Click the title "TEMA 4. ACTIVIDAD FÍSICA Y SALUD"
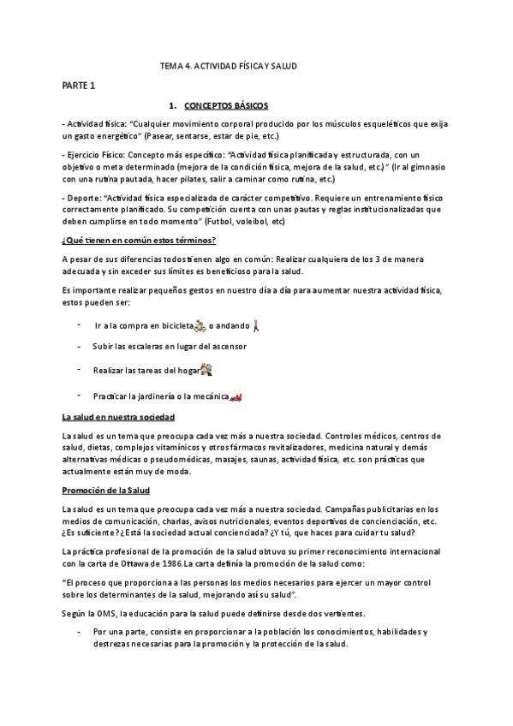(x=229, y=65)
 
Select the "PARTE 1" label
(x=79, y=86)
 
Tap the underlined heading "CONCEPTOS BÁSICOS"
(x=226, y=105)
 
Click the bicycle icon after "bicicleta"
(x=200, y=325)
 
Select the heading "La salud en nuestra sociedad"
(x=118, y=417)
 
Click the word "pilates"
(x=176, y=179)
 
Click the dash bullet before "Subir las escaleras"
(x=79, y=346)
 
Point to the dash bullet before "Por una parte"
(x=79, y=631)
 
